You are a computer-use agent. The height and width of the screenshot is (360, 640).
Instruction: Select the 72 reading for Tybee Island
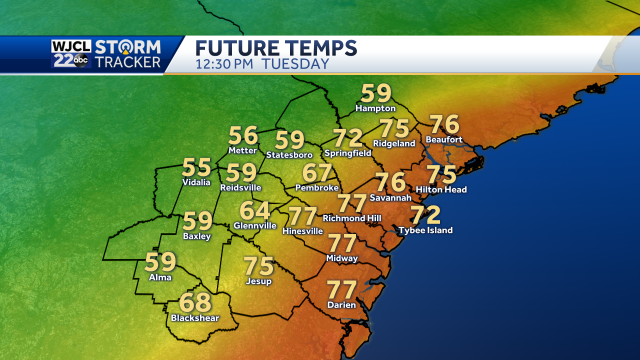(425, 214)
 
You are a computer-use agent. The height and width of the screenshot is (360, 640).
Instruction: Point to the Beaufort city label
(443, 140)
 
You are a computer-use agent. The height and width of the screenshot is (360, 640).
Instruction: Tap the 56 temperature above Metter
(244, 135)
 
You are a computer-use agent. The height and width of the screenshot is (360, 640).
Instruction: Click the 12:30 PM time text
(226, 64)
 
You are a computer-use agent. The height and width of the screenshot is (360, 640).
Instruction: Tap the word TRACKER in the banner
(132, 63)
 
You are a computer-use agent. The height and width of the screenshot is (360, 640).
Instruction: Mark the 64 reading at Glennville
(254, 211)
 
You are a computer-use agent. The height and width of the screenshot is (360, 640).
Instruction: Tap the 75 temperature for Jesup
(259, 266)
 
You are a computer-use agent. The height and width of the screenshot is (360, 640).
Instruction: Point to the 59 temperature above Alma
(160, 262)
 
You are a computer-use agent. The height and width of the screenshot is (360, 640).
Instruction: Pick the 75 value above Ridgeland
(394, 128)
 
